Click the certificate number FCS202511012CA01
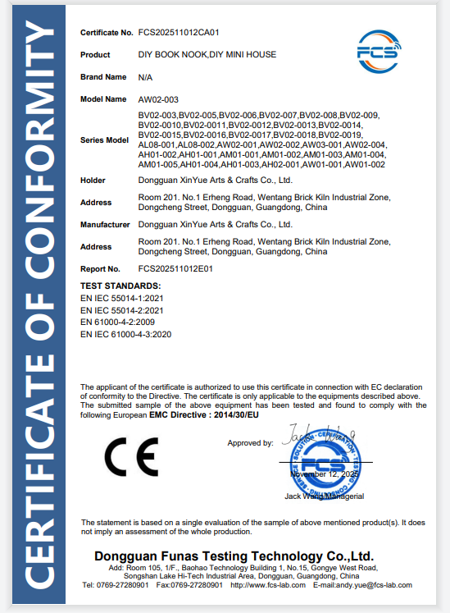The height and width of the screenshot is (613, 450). [x=180, y=33]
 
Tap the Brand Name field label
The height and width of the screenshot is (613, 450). [x=103, y=76]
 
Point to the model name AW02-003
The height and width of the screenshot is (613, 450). [x=157, y=98]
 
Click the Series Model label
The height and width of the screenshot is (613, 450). [x=105, y=140]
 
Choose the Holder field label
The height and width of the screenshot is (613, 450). [x=93, y=180]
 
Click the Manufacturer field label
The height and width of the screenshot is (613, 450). [x=107, y=224]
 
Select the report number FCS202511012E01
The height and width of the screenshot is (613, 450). [x=175, y=268]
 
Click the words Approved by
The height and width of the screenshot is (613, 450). [x=250, y=443]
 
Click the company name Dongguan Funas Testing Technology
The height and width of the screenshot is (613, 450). [x=234, y=556]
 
